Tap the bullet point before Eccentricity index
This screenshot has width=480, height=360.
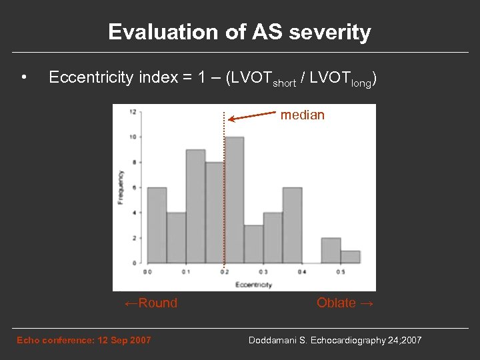[x=23, y=79]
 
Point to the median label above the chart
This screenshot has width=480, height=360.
[x=302, y=115]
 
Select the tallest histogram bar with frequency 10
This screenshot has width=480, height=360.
[x=234, y=200]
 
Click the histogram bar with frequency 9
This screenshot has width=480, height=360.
[x=195, y=207]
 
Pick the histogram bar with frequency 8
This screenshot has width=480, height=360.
[x=215, y=213]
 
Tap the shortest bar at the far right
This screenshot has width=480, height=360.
[x=350, y=257]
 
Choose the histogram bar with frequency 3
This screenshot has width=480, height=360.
[x=253, y=244]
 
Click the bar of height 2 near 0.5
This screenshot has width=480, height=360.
[x=331, y=251]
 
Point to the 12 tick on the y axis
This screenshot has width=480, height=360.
[x=133, y=111]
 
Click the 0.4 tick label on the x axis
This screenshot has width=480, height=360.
[x=302, y=272]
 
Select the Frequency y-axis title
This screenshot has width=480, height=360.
[x=121, y=187]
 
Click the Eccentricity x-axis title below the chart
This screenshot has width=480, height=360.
[x=253, y=285]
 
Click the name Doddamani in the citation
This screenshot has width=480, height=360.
[x=274, y=341]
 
